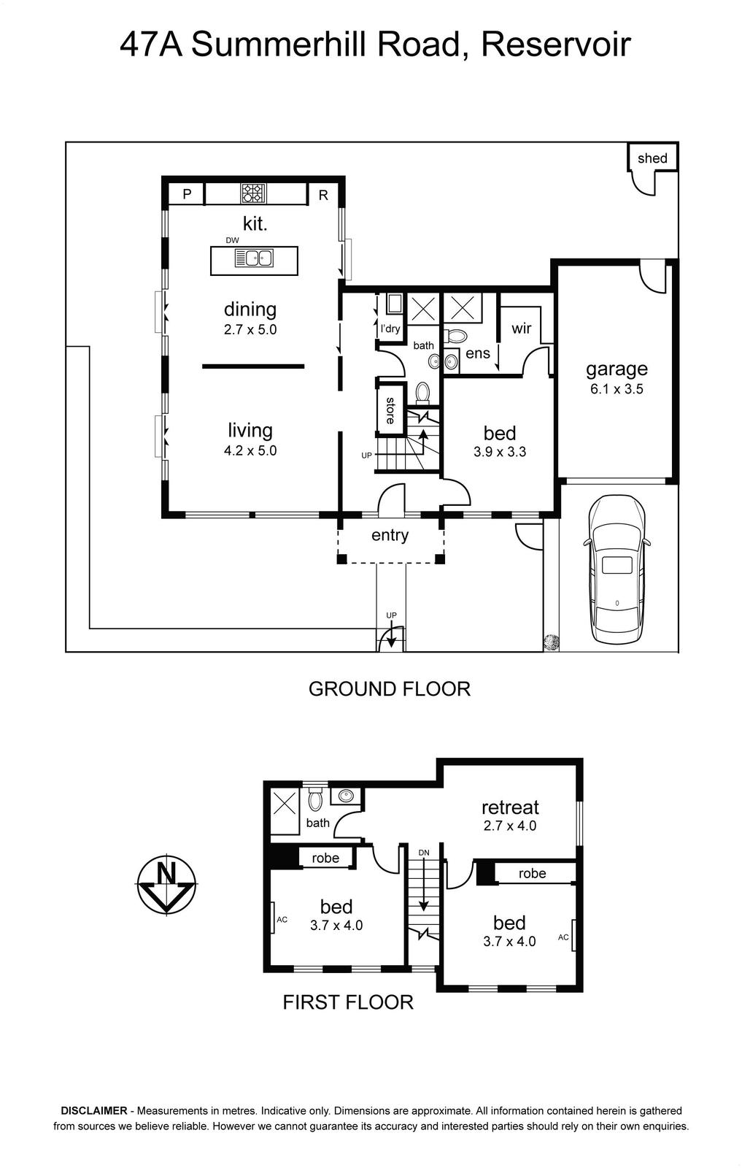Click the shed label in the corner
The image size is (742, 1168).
pyautogui.click(x=652, y=158)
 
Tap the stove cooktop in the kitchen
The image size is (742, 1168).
pyautogui.click(x=253, y=193)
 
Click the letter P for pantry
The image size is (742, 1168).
pyautogui.click(x=187, y=194)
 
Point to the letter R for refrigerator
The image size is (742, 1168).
pyautogui.click(x=323, y=195)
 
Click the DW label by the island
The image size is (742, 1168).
pyautogui.click(x=233, y=240)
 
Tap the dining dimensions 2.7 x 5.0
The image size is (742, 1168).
pyautogui.click(x=250, y=329)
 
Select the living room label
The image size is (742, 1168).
pyautogui.click(x=250, y=430)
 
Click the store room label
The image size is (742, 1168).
pyautogui.click(x=390, y=410)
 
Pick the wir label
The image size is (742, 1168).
pyautogui.click(x=521, y=328)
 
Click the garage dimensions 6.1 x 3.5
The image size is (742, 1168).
pyautogui.click(x=617, y=389)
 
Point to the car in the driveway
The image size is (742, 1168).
pyautogui.click(x=617, y=569)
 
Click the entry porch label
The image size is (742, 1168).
pyautogui.click(x=390, y=536)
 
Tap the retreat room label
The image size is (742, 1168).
pyautogui.click(x=510, y=807)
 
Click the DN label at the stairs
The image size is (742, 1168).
pyautogui.click(x=424, y=853)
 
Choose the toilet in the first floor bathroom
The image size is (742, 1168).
pyautogui.click(x=315, y=799)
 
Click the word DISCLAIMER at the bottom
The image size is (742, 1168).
pyautogui.click(x=94, y=1110)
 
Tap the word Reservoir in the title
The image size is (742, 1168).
pyautogui.click(x=555, y=45)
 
